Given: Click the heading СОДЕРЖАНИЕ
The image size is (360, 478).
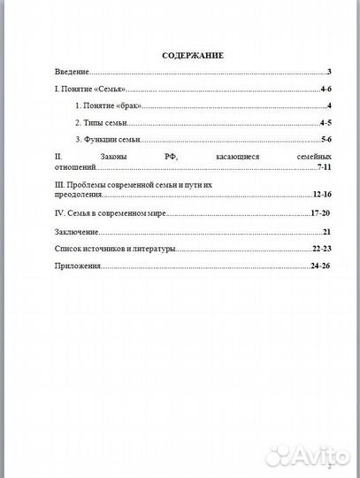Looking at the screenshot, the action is coord(193,55).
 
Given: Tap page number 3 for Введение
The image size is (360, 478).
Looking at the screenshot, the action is coord(328,73).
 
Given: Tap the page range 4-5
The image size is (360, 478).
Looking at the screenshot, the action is coord(325,124).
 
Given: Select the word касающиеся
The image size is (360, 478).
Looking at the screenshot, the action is coord(237,156).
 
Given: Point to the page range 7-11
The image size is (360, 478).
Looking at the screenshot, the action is coord(321,166).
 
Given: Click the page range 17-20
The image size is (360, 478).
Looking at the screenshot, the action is coord(320,213).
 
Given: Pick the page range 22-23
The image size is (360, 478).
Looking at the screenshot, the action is coord(320,249).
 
